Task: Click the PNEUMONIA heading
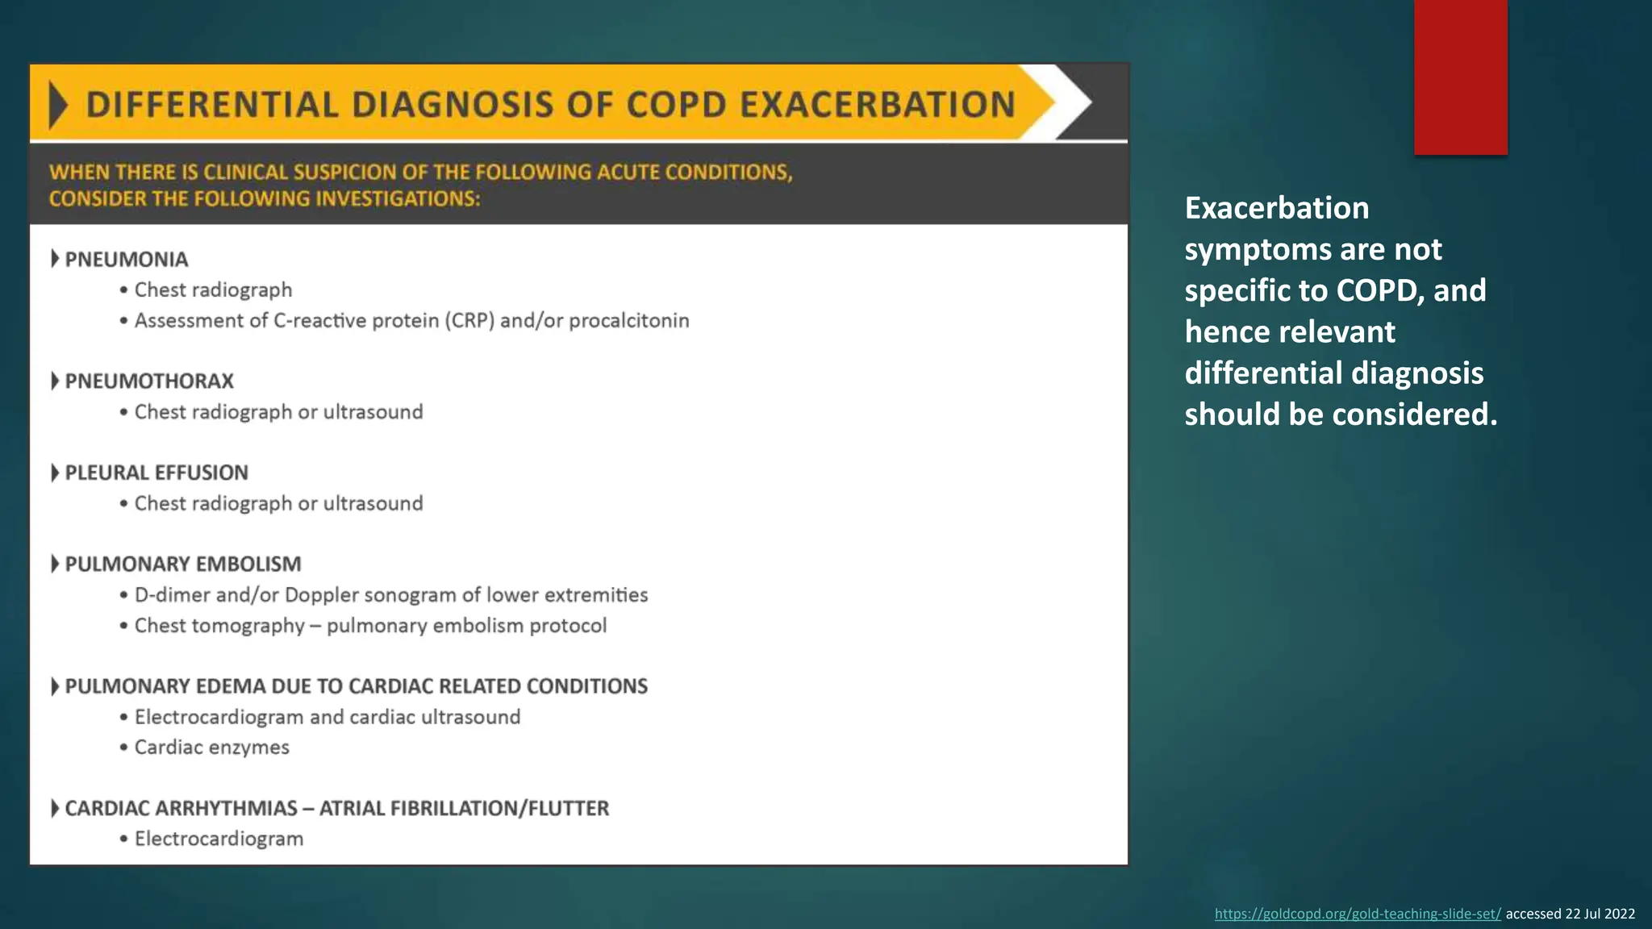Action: tap(126, 260)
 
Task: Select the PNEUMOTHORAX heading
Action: tap(148, 381)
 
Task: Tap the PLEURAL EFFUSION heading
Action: tap(156, 473)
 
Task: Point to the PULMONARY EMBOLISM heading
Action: tap(182, 564)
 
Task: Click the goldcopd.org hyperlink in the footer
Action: tap(1358, 914)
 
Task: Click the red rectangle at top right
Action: tap(1460, 77)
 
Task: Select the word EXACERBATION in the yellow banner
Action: tap(877, 105)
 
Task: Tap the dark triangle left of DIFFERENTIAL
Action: tap(57, 105)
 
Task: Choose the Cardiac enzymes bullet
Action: tap(211, 748)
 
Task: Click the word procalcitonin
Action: tap(628, 321)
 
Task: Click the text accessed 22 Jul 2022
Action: tap(1570, 914)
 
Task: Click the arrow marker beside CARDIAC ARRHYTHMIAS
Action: tap(55, 808)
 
